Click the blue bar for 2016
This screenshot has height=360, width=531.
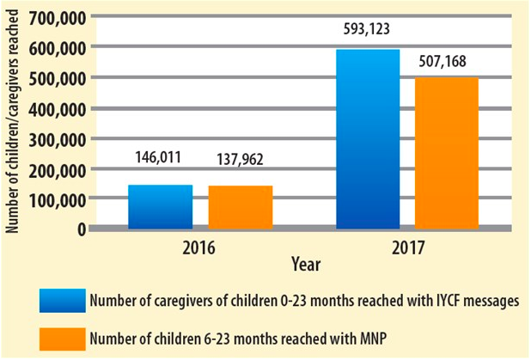[x=161, y=207]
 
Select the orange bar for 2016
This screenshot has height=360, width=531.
[x=240, y=208]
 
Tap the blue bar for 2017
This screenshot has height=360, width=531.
[x=368, y=139]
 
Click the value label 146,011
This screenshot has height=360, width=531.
[x=161, y=158]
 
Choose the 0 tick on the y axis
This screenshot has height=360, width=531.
[x=81, y=229]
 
